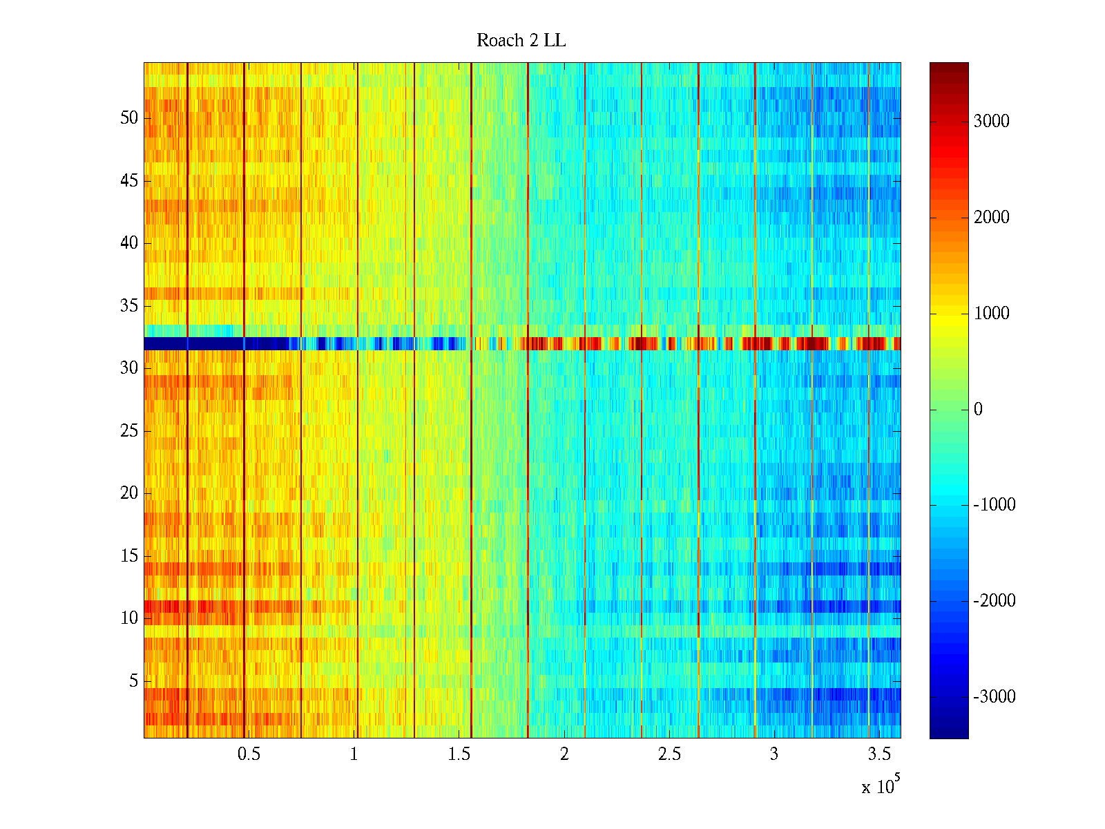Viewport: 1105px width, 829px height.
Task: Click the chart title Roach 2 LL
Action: [521, 40]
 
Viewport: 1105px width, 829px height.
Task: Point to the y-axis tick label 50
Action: [129, 117]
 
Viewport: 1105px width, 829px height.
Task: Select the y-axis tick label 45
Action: [129, 181]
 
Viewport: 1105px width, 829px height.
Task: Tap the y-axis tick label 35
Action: [129, 305]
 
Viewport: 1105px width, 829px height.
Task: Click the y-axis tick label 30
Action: [129, 368]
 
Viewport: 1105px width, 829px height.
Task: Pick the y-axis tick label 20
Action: [129, 493]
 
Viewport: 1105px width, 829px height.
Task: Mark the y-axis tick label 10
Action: [129, 618]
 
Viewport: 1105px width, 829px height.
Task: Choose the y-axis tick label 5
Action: [133, 680]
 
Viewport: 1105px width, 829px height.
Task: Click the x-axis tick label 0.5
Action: [249, 754]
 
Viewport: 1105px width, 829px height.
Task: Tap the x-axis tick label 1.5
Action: [459, 754]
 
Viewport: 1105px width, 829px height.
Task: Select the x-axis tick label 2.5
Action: [669, 754]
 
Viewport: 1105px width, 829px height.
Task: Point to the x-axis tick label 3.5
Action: [879, 754]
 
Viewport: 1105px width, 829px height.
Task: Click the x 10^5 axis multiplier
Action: [881, 785]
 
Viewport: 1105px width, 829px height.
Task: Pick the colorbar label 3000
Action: [991, 122]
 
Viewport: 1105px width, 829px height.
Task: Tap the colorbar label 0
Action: [978, 409]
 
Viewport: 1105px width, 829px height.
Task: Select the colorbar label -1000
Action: [994, 504]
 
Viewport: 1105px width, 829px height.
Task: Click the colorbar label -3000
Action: [994, 696]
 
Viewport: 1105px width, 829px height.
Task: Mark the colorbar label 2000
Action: [991, 218]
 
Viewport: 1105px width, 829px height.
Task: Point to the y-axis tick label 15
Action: [129, 555]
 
